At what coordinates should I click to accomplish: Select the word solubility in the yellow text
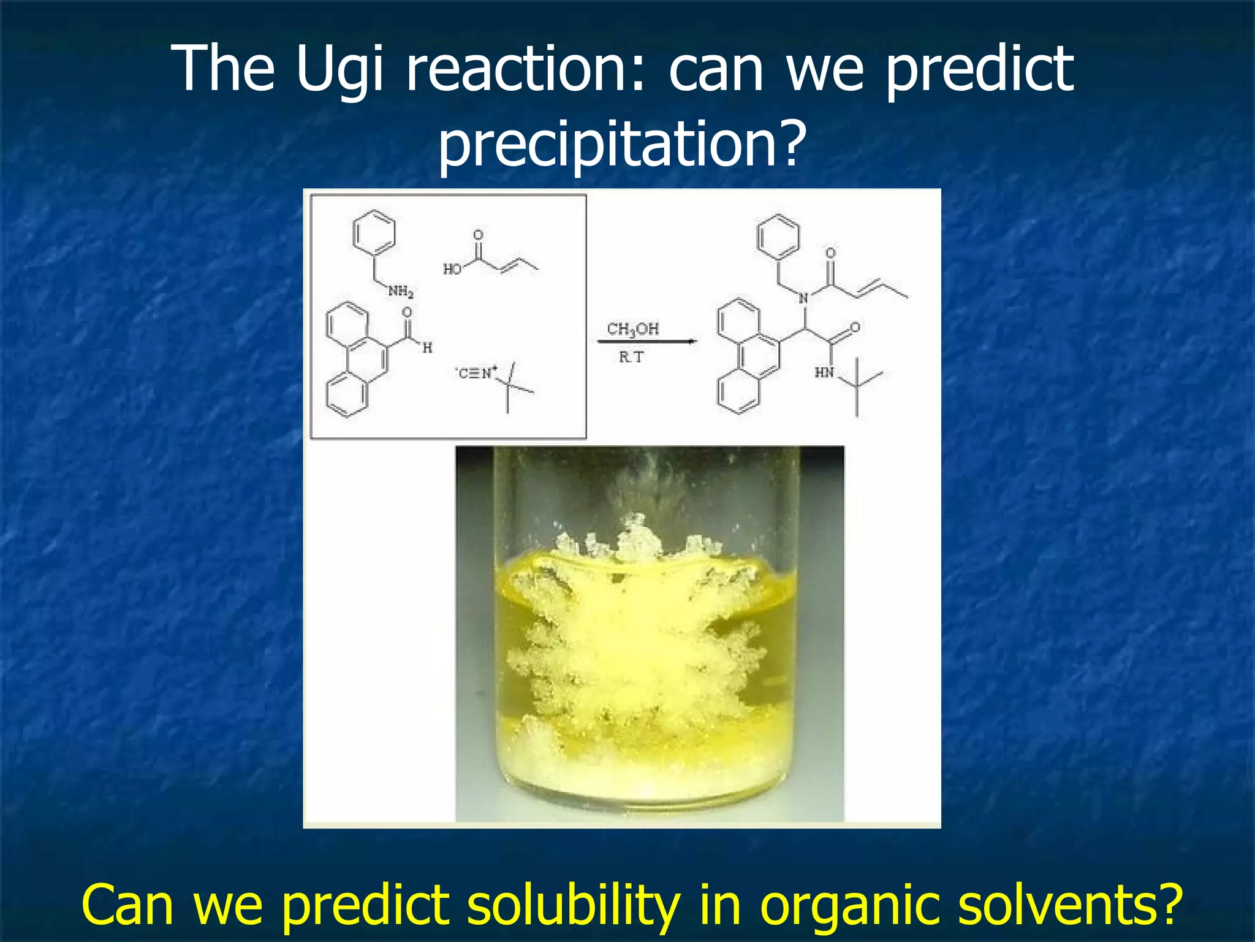pos(572,905)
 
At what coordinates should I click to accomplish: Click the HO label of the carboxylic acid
pos(452,269)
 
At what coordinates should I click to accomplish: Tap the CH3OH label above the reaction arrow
pos(632,329)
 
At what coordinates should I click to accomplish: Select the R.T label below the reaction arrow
pos(631,357)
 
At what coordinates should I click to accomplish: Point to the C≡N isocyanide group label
pos(476,373)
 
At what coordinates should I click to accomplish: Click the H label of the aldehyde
pos(427,348)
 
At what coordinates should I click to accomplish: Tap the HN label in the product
pos(824,372)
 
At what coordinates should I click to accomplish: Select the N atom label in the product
pos(803,299)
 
